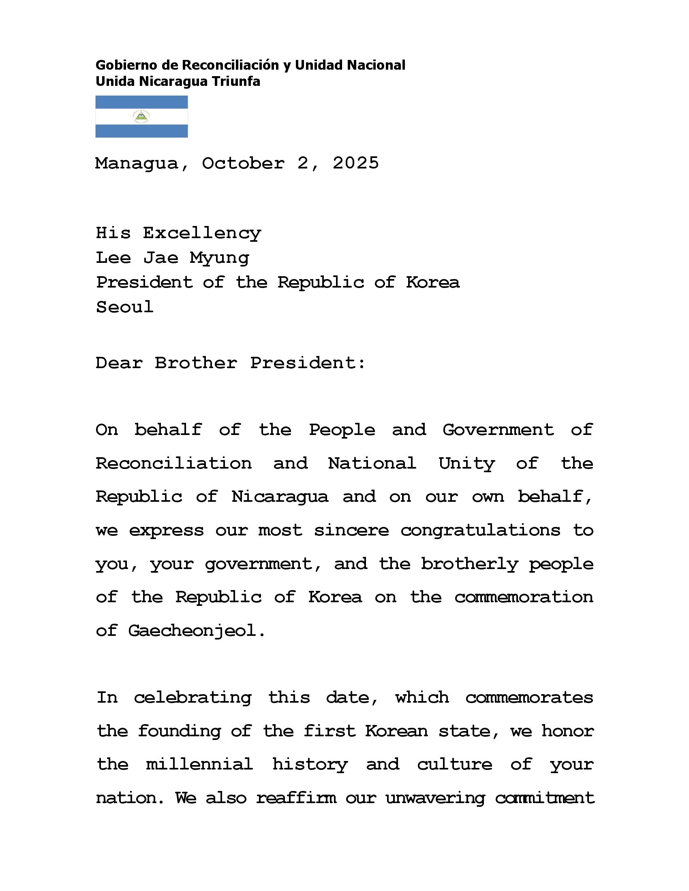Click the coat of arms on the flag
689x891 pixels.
point(141,117)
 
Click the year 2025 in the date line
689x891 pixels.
point(355,163)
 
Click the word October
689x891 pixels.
point(243,163)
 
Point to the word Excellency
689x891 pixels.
point(202,233)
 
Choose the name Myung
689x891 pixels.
point(220,258)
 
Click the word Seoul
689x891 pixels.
point(124,307)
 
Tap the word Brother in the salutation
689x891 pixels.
point(196,363)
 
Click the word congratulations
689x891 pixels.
point(480,531)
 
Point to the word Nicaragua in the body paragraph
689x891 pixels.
point(280,497)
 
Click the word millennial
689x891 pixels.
point(199,764)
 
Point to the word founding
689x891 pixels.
point(180,731)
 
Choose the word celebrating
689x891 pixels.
point(193,698)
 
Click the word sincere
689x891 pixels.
point(351,531)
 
